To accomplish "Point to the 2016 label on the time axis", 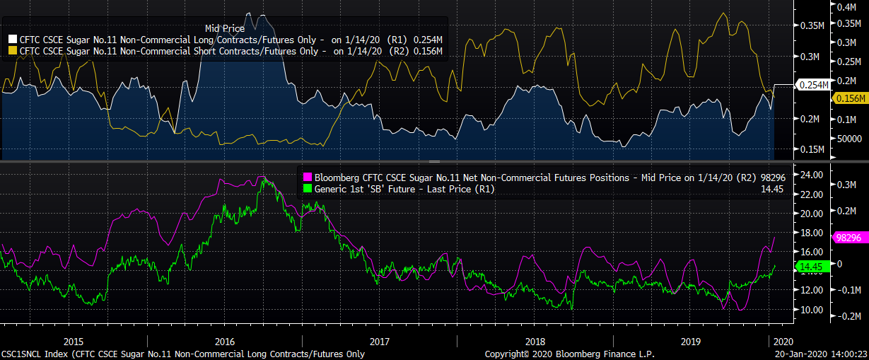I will [x=224, y=341].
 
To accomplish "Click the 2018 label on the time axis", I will [x=535, y=341].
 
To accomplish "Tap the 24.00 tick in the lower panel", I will [x=811, y=175].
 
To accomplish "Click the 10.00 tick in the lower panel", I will [x=811, y=310].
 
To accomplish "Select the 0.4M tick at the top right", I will [x=847, y=8].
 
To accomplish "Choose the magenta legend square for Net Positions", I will [x=308, y=178].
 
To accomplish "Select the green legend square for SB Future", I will [x=308, y=189].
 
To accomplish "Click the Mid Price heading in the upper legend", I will [x=225, y=28].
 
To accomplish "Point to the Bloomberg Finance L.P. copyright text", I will [x=570, y=354].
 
